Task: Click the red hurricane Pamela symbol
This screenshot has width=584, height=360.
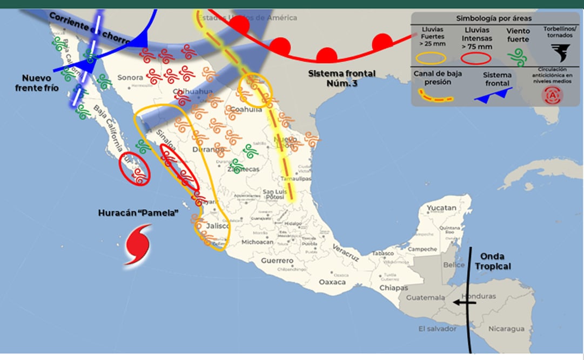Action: click(x=137, y=245)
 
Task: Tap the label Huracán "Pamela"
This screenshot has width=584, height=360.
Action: click(x=138, y=213)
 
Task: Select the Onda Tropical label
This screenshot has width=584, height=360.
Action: click(x=493, y=262)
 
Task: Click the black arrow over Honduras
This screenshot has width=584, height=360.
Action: click(x=464, y=303)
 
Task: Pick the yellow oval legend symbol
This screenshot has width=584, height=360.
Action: click(x=430, y=57)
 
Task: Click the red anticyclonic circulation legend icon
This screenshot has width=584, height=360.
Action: click(x=553, y=95)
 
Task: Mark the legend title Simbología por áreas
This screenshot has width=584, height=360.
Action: click(x=494, y=18)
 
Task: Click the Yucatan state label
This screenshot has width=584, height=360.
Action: click(x=441, y=208)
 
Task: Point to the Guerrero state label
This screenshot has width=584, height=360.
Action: click(x=277, y=261)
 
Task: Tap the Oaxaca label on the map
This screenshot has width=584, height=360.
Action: click(x=332, y=282)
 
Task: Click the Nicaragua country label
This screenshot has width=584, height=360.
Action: click(x=506, y=329)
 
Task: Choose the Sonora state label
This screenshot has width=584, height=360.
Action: click(x=130, y=77)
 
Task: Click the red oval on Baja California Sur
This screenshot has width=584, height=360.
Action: click(x=135, y=171)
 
